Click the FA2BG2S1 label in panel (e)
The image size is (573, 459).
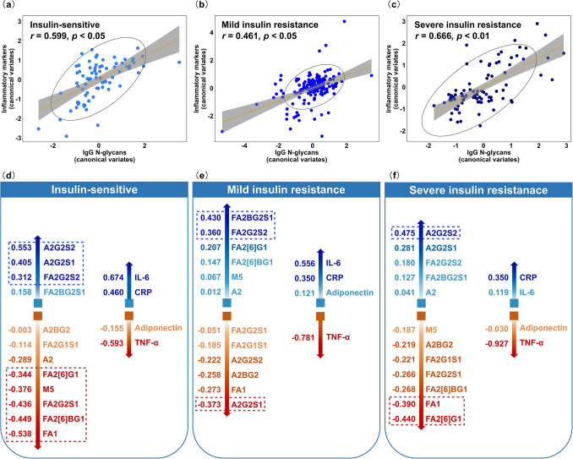pyautogui.click(x=252, y=218)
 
